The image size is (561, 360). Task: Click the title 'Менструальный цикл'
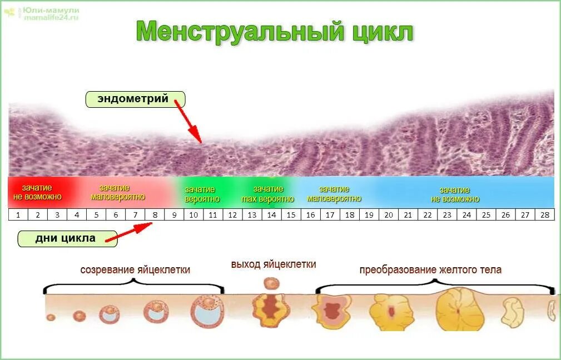tap(275, 32)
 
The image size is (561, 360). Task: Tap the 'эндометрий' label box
tap(135, 99)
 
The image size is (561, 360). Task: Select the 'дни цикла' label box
tap(67, 238)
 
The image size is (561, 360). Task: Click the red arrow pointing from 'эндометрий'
tap(187, 122)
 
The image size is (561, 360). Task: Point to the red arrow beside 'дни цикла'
tap(129, 233)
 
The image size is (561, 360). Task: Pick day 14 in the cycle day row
tap(271, 214)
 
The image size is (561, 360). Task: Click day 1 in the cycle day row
tap(18, 214)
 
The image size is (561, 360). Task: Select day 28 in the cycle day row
tap(544, 214)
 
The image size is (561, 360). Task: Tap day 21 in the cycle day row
tap(408, 214)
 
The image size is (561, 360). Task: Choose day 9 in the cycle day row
tap(174, 214)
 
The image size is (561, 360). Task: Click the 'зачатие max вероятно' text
tap(268, 194)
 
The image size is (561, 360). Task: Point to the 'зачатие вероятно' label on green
tap(202, 194)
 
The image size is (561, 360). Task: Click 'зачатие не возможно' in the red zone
tap(37, 192)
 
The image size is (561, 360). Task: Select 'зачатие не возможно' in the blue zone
tap(455, 194)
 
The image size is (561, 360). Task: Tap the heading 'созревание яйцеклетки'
tap(135, 270)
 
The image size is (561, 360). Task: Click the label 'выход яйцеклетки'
tap(274, 264)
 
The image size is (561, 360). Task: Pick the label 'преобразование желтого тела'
tap(430, 270)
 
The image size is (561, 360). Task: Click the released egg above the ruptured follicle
tap(271, 283)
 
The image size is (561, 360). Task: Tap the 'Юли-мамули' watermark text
tap(51, 11)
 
